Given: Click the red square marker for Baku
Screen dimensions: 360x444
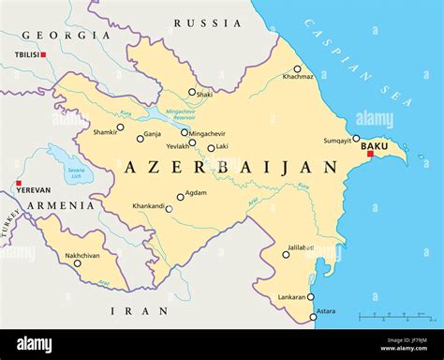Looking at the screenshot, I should [x=370, y=155].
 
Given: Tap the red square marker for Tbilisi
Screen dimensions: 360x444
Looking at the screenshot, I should [x=43, y=54].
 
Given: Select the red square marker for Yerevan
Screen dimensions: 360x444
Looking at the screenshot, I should [x=19, y=183].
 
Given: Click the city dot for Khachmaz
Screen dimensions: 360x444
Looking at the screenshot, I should [x=297, y=68].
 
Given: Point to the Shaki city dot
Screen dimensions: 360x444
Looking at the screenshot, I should [x=192, y=92].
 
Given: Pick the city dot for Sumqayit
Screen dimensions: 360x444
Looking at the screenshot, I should [x=356, y=138].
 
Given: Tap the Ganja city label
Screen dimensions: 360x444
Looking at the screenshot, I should [x=153, y=134].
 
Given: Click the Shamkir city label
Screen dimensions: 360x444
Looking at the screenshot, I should [x=105, y=132].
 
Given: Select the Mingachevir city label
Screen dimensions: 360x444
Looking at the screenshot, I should [x=209, y=133].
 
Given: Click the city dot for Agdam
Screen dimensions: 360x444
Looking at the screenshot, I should [x=180, y=197].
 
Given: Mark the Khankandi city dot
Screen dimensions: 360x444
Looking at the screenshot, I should [x=169, y=209].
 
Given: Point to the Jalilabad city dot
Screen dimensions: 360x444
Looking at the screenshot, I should [x=286, y=254].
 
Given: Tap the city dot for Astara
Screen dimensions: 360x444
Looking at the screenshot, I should [x=313, y=317].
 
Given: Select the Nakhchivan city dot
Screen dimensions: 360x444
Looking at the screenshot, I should [x=77, y=263].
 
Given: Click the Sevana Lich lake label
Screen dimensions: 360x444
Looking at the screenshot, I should [x=75, y=172].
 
